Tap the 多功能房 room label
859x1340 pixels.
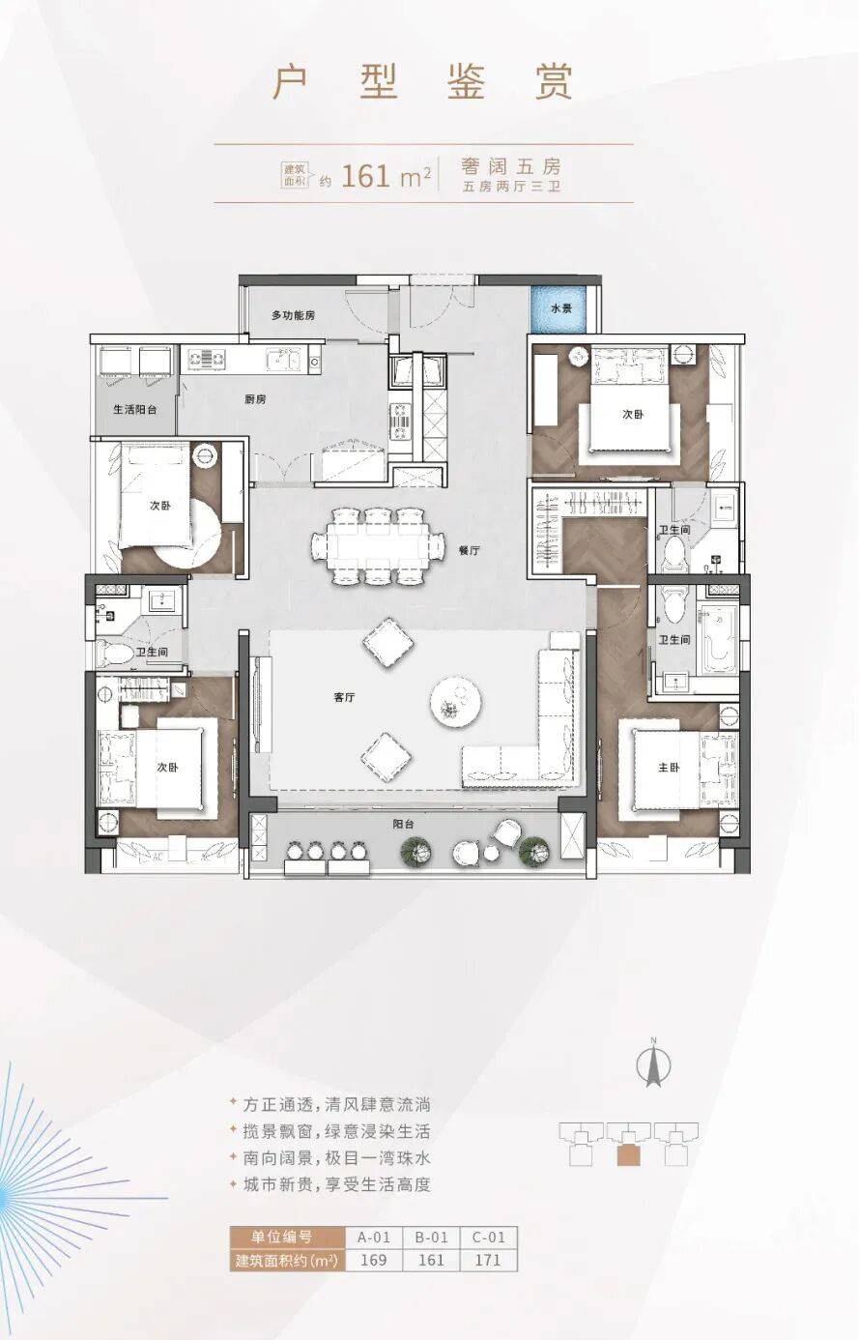(293, 315)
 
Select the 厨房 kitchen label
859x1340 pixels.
(255, 399)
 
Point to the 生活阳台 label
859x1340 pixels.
(135, 410)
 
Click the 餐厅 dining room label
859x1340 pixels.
(470, 551)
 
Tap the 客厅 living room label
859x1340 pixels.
(344, 697)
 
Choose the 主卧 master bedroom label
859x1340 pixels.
(669, 768)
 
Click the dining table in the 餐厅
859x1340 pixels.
(378, 545)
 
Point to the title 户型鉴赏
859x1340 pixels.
(422, 81)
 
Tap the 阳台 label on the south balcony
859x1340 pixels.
(404, 824)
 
